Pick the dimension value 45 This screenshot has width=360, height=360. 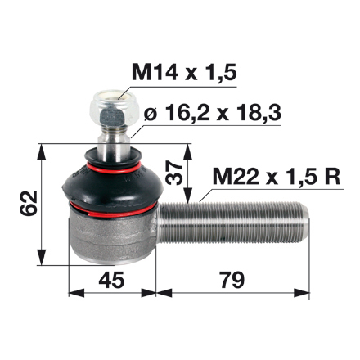(112, 281)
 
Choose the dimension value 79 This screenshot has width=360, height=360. (232, 281)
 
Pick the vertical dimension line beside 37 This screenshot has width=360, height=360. (189, 173)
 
